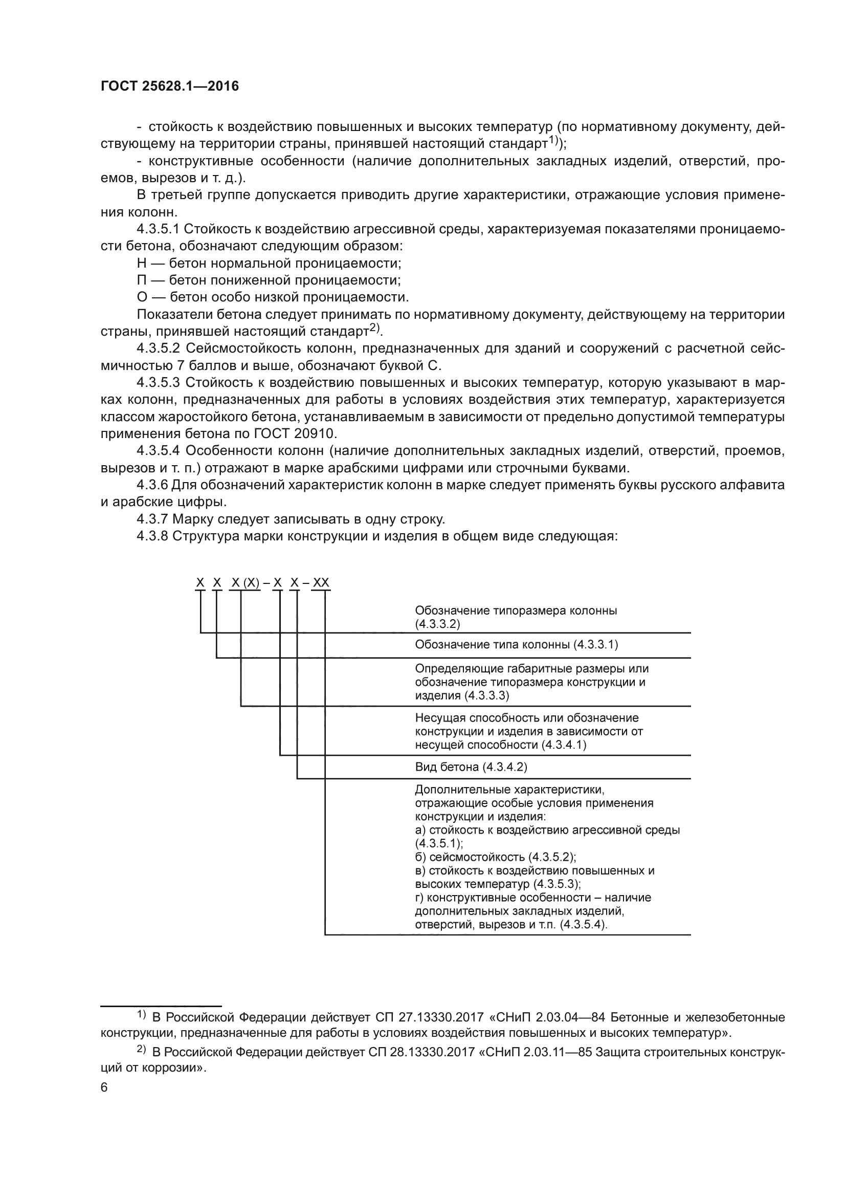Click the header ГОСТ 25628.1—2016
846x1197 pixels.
(x=170, y=86)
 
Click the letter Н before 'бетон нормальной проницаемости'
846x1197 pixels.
(x=142, y=263)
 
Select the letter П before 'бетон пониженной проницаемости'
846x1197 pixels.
(x=142, y=280)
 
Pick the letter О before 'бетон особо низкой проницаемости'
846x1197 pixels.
(x=142, y=297)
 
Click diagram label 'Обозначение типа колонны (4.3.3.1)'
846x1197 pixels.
(x=516, y=645)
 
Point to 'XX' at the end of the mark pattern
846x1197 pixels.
(x=321, y=583)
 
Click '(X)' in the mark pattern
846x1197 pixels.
(x=252, y=583)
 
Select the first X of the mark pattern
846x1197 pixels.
(x=200, y=583)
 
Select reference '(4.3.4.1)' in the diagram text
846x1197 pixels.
(x=564, y=745)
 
